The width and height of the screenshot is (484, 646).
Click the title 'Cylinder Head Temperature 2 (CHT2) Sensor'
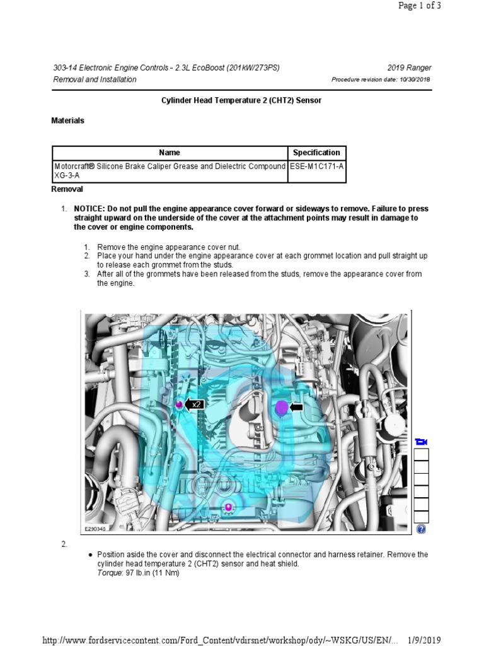click(x=241, y=101)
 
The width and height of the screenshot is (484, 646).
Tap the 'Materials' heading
click(x=67, y=120)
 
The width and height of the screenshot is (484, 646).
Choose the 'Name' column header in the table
click(x=170, y=153)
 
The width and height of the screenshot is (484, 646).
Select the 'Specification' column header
click(x=316, y=153)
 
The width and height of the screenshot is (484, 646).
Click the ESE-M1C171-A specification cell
click(x=316, y=167)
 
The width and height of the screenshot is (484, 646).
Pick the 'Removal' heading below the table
click(x=67, y=189)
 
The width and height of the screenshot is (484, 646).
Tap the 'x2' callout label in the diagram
click(x=196, y=404)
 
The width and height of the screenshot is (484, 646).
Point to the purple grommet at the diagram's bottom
click(x=228, y=507)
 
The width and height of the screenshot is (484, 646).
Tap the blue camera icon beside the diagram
click(x=422, y=441)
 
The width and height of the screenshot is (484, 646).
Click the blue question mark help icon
click(x=422, y=529)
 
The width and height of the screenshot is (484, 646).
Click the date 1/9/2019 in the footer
click(x=422, y=640)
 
